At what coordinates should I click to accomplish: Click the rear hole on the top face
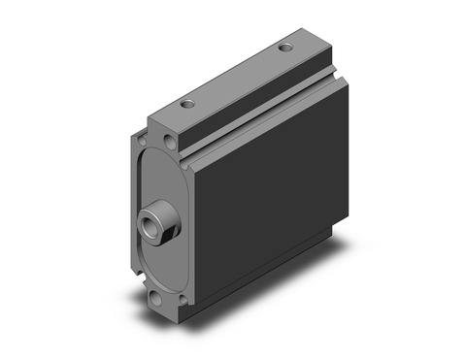click(x=284, y=47)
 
